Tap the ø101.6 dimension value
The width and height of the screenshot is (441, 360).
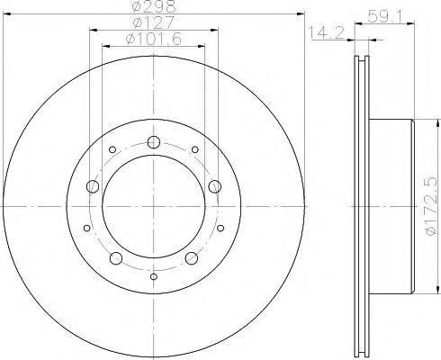coord(153,39)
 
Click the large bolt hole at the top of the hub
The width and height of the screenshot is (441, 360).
coord(153,141)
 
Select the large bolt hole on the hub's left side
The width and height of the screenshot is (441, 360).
coord(92,186)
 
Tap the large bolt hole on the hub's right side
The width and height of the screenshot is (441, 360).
coord(214,186)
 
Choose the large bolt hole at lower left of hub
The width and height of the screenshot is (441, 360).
coord(115,259)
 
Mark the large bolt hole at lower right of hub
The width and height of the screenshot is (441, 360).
coord(191,259)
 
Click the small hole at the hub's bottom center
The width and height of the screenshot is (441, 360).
coord(153,276)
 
